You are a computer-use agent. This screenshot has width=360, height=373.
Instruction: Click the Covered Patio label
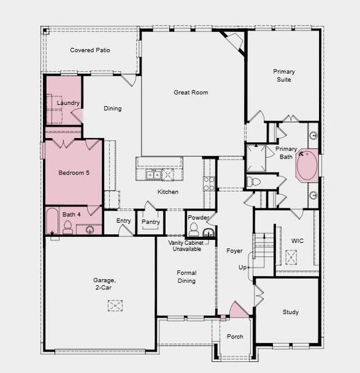90,50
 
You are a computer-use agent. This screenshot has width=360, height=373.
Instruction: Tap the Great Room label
190,93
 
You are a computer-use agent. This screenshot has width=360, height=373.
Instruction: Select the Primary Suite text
284,76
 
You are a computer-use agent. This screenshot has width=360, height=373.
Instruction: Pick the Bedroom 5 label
74,172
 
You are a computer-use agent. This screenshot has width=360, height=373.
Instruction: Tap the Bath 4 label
71,214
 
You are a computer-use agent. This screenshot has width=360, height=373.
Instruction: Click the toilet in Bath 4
68,228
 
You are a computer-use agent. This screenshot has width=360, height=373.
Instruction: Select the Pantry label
150,221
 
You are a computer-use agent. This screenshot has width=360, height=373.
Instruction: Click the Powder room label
198,218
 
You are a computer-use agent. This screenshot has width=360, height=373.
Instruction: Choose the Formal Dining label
186,277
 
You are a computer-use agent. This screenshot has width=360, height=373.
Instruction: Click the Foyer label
234,251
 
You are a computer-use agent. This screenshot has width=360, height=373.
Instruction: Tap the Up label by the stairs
243,267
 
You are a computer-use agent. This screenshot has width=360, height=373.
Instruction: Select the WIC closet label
297,241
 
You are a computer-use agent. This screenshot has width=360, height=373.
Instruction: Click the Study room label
290,312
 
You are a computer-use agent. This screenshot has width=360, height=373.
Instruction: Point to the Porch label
234,337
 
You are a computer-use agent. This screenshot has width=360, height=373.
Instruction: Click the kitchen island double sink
153,175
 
